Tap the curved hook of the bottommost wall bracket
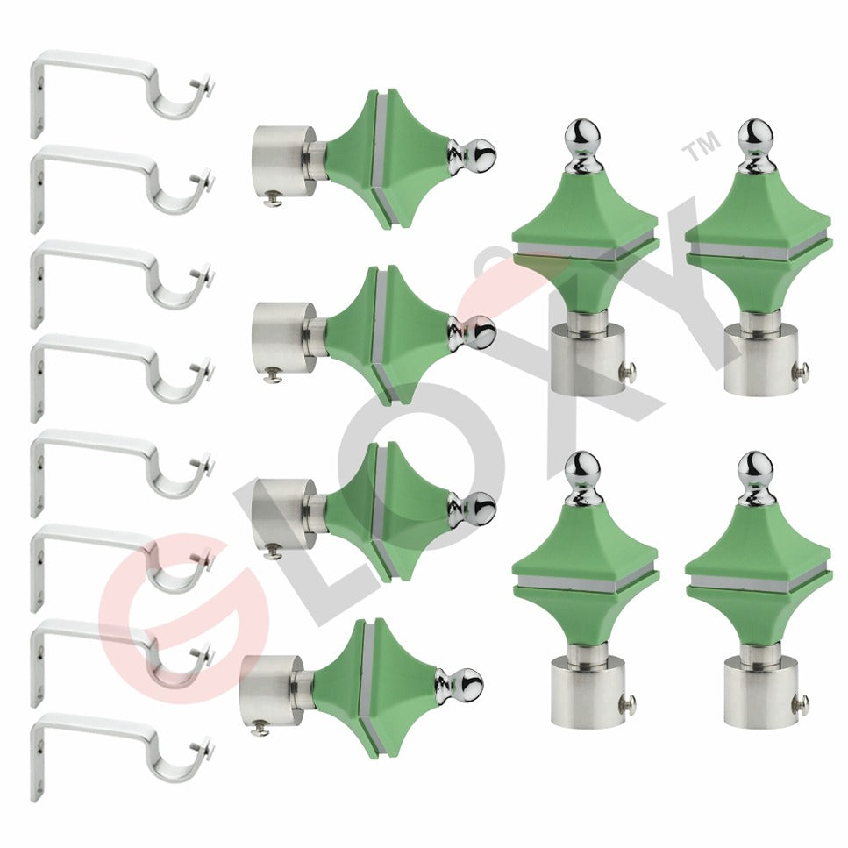pos(176,763)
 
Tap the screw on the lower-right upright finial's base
pos(800,701)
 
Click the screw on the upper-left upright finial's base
pos(630,373)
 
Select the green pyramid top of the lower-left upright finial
pos(583,539)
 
